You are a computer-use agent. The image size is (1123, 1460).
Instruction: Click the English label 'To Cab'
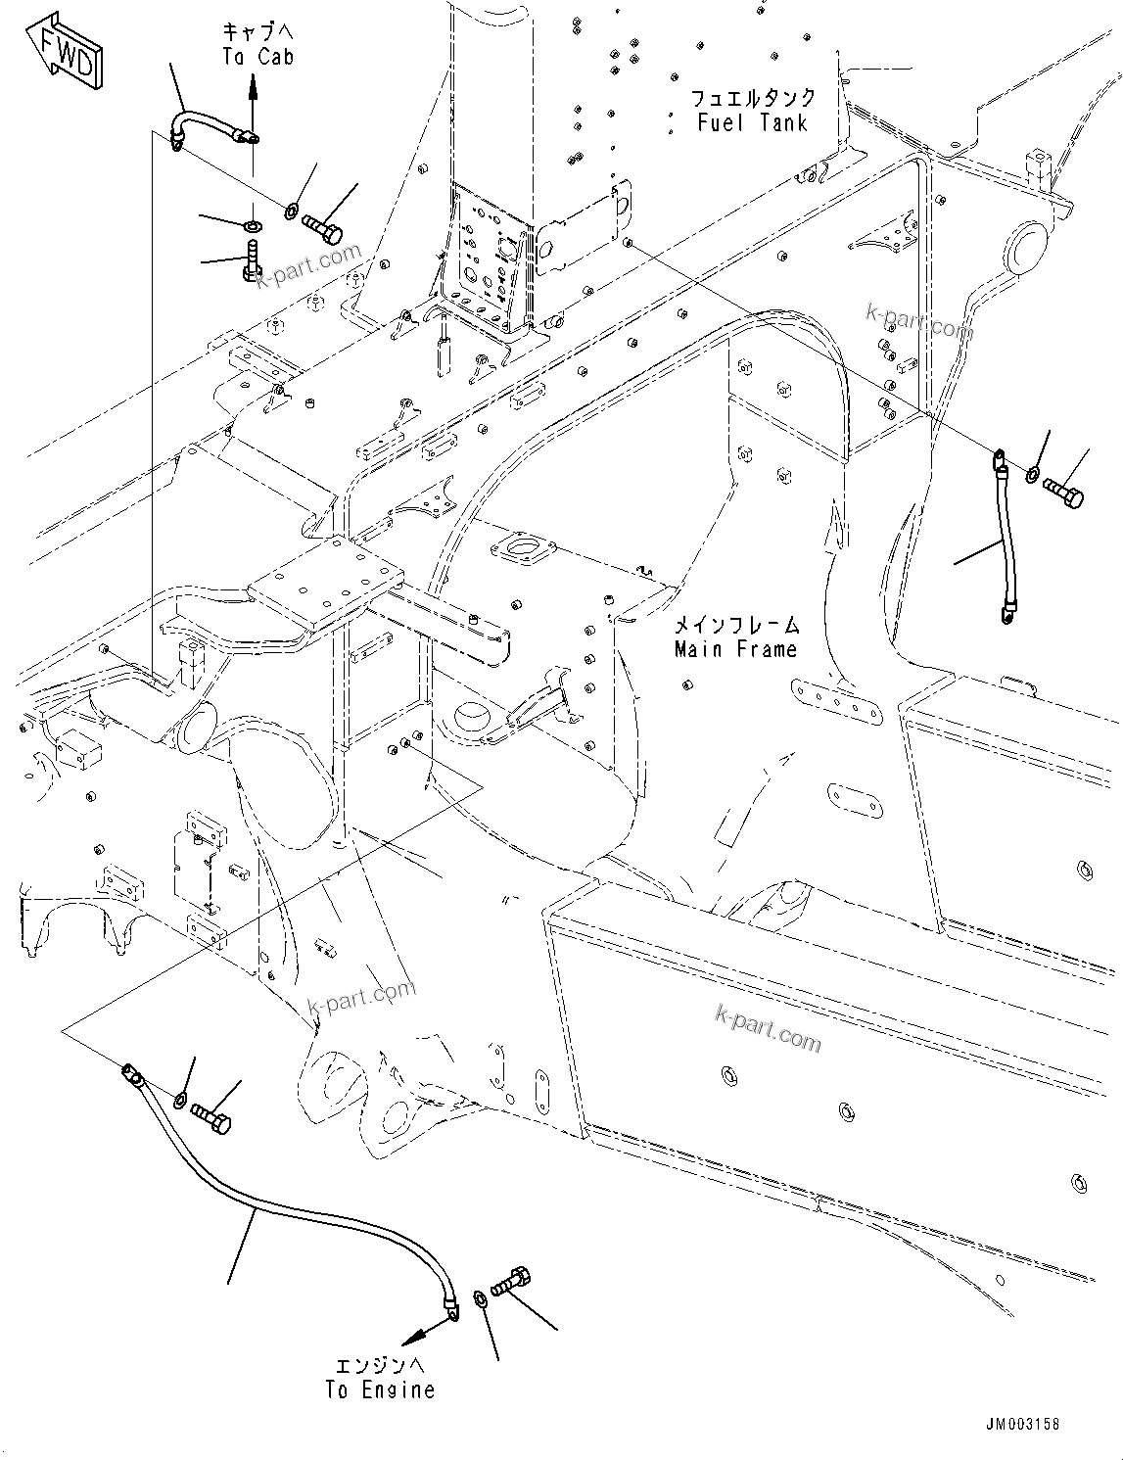(x=257, y=57)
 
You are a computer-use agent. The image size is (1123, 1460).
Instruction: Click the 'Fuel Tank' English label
(x=753, y=122)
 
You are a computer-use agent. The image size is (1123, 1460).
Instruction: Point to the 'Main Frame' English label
(x=735, y=649)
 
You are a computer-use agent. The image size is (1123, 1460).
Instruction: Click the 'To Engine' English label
(x=380, y=1389)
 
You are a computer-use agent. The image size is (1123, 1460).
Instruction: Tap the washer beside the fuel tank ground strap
(x=1033, y=475)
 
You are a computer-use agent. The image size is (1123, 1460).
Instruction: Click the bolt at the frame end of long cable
(x=212, y=1117)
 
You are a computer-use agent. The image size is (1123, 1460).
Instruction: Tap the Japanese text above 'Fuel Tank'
(x=753, y=98)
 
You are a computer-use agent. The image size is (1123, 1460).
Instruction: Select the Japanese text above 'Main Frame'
(x=735, y=625)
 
